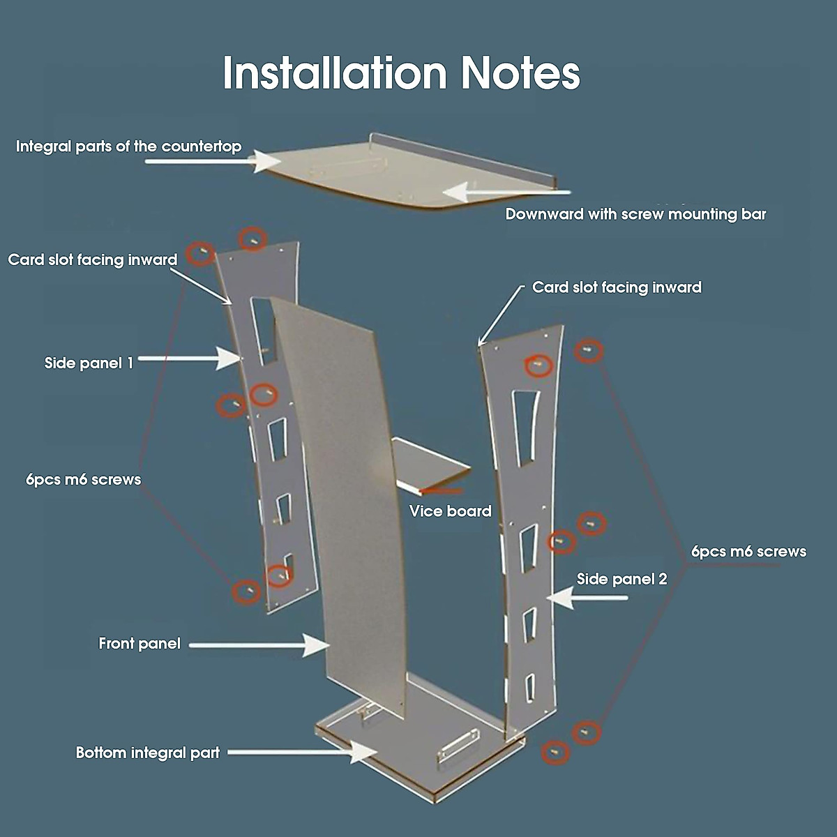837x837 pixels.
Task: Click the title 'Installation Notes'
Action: point(401,73)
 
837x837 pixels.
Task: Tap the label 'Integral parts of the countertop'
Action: point(128,146)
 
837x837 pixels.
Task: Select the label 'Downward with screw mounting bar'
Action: point(635,214)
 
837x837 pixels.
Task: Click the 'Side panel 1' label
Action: point(89,363)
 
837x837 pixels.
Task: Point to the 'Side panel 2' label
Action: point(621,579)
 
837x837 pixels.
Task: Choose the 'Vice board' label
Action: point(450,511)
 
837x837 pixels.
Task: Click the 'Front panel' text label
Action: point(139,643)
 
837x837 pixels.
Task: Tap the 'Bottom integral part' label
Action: point(147,753)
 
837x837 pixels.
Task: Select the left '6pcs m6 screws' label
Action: point(83,479)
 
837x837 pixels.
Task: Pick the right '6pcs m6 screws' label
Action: point(748,551)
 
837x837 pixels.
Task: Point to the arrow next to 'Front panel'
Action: point(258,645)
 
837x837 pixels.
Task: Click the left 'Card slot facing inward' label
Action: point(93,259)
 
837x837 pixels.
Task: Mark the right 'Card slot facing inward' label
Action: point(617,287)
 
